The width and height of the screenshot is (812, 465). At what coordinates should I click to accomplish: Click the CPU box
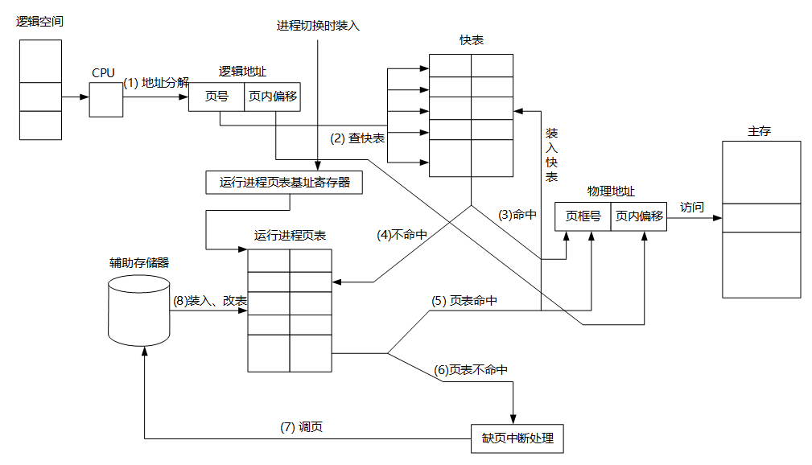tap(105, 99)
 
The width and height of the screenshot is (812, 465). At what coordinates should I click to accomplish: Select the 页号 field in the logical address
tap(216, 97)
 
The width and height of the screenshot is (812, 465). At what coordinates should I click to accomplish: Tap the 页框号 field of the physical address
tap(583, 216)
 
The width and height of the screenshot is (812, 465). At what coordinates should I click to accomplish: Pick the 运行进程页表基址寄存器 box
tap(285, 183)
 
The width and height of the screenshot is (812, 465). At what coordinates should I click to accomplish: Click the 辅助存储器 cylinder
tap(138, 311)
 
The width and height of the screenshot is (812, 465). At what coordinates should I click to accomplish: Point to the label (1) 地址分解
tap(156, 82)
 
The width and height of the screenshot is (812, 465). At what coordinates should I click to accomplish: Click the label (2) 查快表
tap(357, 138)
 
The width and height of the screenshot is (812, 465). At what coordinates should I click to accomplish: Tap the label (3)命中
tap(517, 215)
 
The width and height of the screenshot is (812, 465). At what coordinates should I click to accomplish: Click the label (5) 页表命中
tap(464, 301)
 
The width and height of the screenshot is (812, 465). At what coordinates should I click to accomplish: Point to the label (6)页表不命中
tap(471, 370)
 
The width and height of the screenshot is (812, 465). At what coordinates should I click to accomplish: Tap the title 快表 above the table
tap(472, 40)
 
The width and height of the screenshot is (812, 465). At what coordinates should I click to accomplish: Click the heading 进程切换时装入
tap(318, 25)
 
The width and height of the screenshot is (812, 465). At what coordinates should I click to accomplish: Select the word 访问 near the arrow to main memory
tap(691, 208)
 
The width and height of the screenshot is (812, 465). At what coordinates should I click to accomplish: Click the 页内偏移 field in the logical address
tap(273, 97)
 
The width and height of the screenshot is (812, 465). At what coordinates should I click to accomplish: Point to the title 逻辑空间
tap(39, 21)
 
